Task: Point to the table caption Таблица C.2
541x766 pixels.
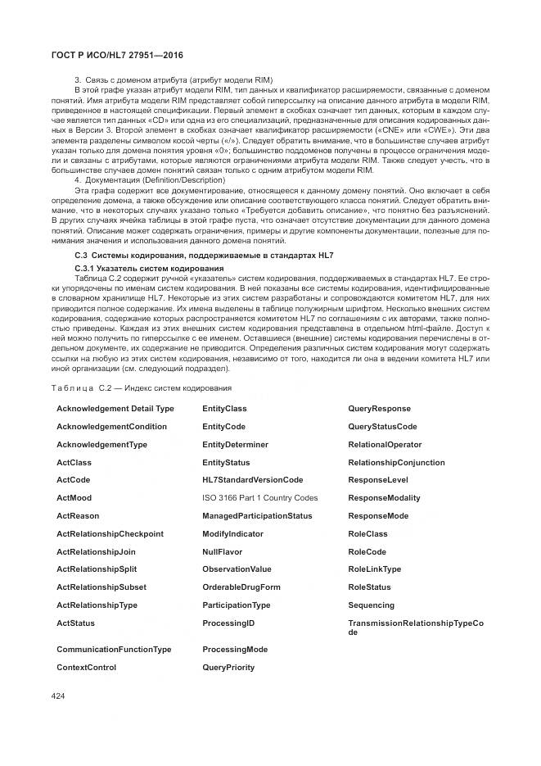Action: point(141,388)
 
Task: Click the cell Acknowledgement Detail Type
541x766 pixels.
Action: point(115,409)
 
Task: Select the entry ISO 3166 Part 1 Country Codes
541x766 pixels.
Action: point(259,498)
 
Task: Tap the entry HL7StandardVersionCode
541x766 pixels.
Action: point(252,480)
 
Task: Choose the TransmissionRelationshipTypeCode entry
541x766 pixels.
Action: point(415,628)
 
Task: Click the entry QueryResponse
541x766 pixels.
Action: point(379,409)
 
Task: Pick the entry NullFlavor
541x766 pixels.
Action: point(222,552)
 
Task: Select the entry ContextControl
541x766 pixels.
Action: point(86,668)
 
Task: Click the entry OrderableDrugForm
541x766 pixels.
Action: point(241,587)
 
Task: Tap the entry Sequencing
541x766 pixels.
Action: point(371,605)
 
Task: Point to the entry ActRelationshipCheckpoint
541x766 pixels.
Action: point(110,534)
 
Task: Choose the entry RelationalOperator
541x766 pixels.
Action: point(385,445)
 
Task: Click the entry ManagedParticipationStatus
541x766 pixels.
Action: point(257,516)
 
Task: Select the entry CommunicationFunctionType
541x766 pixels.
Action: point(114,650)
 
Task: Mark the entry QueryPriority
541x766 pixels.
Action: point(228,668)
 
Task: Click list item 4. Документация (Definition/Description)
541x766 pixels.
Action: point(149,179)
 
